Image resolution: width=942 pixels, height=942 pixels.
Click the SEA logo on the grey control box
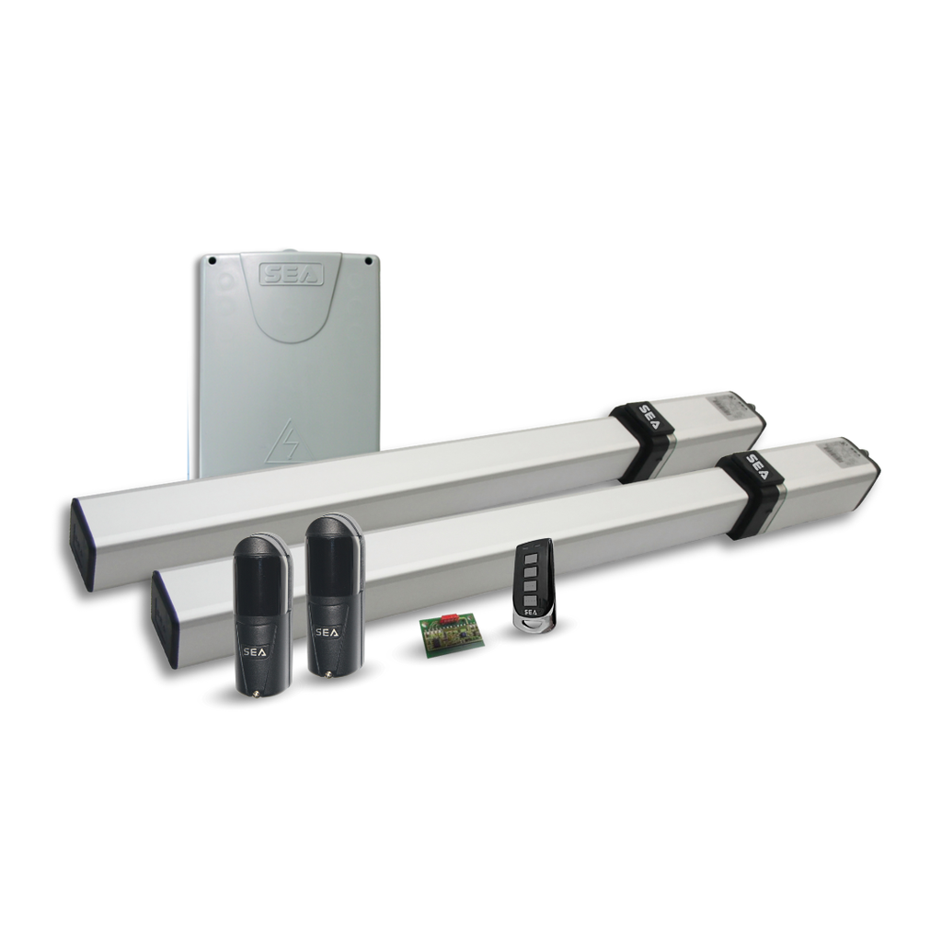(292, 274)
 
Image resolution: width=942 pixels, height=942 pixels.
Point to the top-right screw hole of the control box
(368, 260)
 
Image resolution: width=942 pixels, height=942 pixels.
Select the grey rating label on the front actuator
(837, 450)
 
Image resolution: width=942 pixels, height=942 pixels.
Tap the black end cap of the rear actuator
(82, 544)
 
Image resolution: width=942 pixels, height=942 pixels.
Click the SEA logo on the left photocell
(251, 650)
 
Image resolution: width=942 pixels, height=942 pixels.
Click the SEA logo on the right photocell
(327, 633)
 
